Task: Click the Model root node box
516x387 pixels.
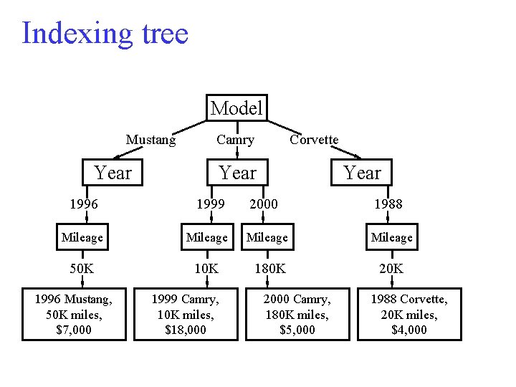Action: coord(236,108)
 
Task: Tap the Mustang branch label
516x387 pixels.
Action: coord(150,140)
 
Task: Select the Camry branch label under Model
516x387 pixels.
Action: coord(235,140)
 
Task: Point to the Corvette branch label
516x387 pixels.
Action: coord(314,140)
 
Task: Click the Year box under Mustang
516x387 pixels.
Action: coord(113,173)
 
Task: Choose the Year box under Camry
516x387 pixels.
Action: coord(237,173)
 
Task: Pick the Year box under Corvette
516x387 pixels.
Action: coord(362,173)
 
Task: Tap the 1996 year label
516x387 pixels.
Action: coord(84,204)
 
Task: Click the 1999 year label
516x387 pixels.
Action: coord(211,204)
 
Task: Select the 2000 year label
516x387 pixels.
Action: coord(263,204)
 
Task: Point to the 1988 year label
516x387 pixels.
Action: coord(388,204)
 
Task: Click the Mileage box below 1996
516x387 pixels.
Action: coord(82,237)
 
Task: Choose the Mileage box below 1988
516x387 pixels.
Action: coord(392,237)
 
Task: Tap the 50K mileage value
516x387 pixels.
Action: coord(82,269)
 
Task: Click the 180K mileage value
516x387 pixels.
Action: coord(269,269)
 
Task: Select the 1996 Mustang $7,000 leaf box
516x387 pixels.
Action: coord(74,314)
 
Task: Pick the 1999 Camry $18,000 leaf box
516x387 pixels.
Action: coord(185,314)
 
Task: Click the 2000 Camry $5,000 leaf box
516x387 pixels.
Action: coord(297,314)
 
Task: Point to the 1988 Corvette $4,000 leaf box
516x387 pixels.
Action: coord(409,314)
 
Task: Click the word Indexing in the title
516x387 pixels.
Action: coord(77,34)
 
